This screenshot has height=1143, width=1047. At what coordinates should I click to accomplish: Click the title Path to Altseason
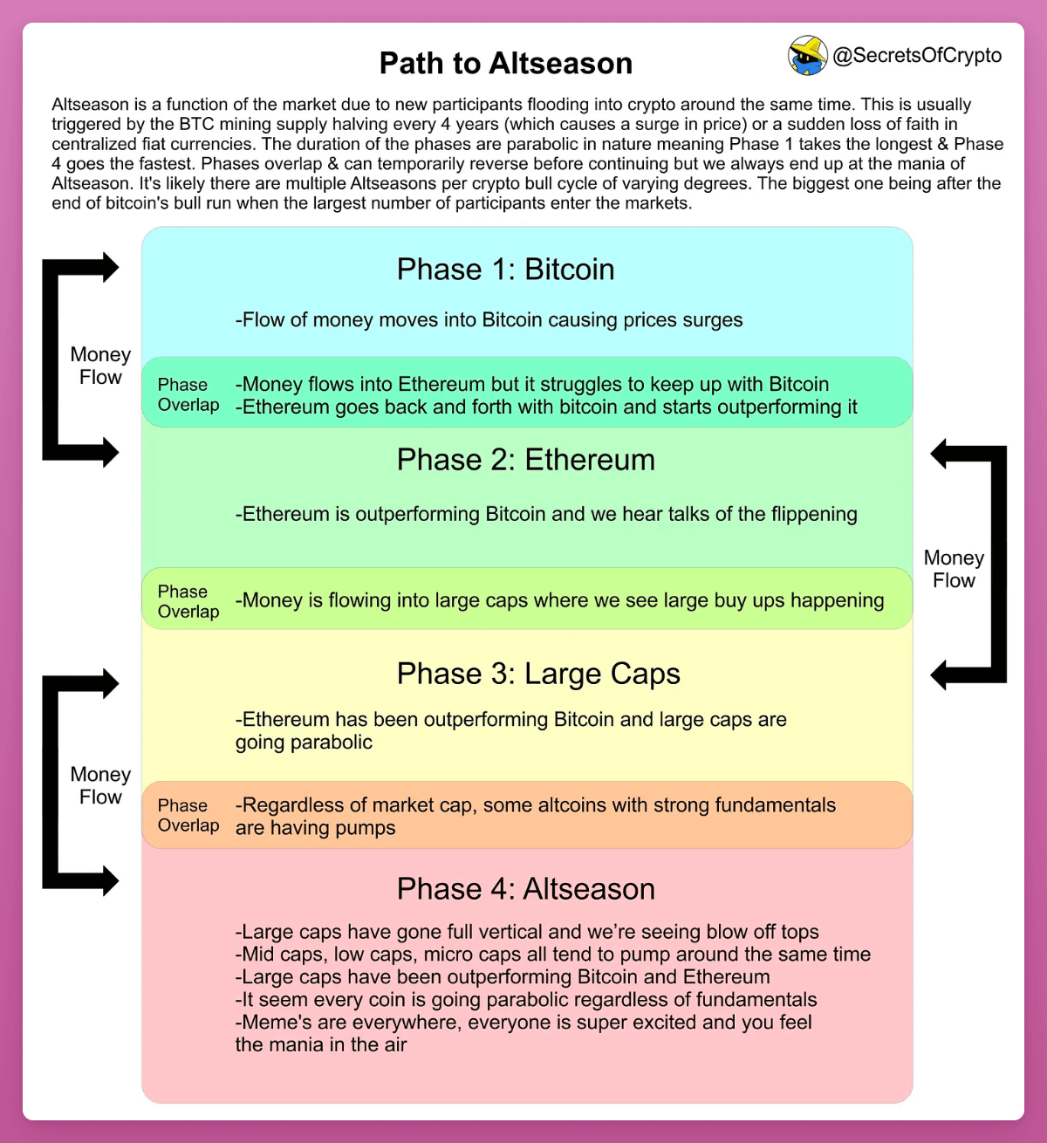point(505,64)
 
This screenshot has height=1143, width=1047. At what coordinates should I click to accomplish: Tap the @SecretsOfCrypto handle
point(917,56)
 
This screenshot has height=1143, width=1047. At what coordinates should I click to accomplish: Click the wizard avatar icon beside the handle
point(807,56)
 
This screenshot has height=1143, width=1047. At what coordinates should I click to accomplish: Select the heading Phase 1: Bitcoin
point(505,270)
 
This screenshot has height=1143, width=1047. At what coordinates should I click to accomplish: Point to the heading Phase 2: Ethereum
point(525,460)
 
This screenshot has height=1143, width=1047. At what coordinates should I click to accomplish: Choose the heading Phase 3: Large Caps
point(537,674)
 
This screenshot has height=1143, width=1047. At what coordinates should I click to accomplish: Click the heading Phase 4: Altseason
point(525,889)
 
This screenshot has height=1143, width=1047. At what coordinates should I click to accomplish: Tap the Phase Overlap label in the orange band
point(188,816)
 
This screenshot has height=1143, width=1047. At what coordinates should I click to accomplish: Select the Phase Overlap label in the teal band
point(188,394)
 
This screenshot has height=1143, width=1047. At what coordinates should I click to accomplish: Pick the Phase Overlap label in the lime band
point(188,601)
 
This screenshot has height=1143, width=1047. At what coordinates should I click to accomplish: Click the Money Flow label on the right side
point(954,569)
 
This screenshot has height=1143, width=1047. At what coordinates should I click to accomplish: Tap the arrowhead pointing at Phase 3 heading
point(940,674)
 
